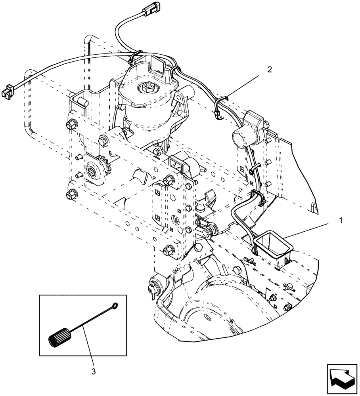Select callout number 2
point(270,69)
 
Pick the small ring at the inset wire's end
point(115,305)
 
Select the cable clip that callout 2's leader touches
point(224,98)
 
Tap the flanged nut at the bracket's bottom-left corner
point(72,194)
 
